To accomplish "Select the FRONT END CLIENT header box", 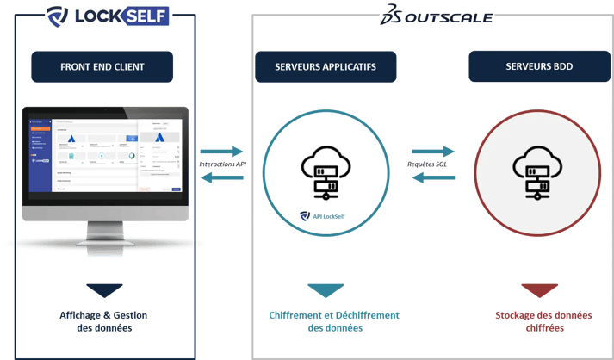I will point(102,66).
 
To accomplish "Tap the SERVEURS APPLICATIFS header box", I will point(325,66).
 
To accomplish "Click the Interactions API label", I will point(222,164).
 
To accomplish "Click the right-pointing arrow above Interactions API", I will point(221,151).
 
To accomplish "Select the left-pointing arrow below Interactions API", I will point(221,177).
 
